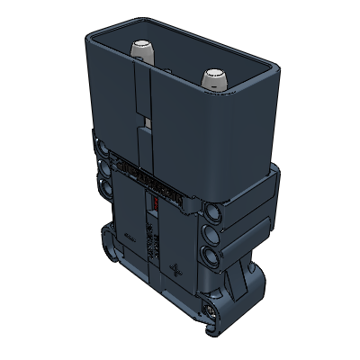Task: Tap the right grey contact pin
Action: (x=215, y=77)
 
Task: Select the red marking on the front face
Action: (x=155, y=205)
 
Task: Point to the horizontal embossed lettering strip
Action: (x=153, y=179)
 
